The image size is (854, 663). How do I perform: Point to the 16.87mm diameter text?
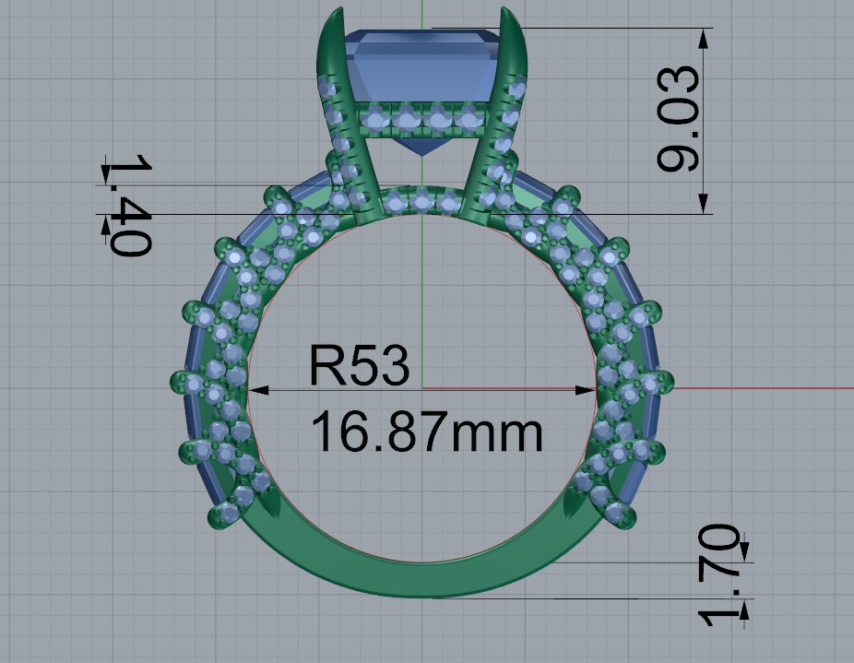[x=426, y=432]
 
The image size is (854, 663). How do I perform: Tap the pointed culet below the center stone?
[x=421, y=151]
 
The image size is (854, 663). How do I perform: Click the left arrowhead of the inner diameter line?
[x=257, y=390]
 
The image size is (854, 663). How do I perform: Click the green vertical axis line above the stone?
[x=421, y=14]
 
